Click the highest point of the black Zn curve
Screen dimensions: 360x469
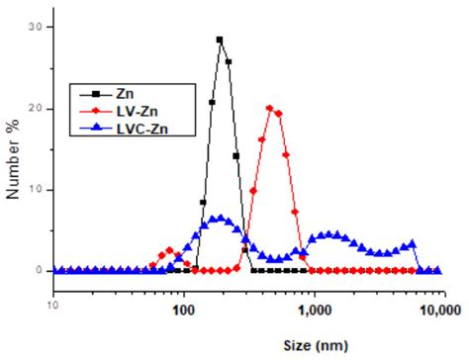pyautogui.click(x=219, y=40)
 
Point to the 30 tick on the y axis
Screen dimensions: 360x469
pyautogui.click(x=35, y=27)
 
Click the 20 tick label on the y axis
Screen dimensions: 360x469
pyautogui.click(x=35, y=108)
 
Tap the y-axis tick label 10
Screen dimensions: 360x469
pyautogui.click(x=35, y=189)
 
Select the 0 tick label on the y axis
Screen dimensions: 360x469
pyautogui.click(x=38, y=270)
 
